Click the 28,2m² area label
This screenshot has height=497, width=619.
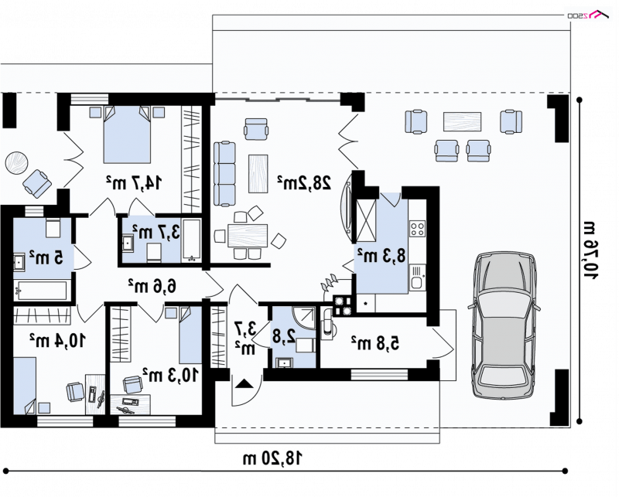click(x=304, y=182)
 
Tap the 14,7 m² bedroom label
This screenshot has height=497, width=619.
click(x=134, y=182)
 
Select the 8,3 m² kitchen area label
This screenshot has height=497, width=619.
click(x=381, y=255)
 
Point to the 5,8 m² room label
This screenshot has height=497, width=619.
click(x=375, y=342)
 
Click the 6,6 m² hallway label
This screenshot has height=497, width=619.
click(x=152, y=285)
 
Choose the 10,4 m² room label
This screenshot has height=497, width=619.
click(x=57, y=339)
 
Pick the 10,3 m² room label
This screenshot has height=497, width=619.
click(x=169, y=375)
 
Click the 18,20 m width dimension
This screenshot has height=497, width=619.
click(x=273, y=458)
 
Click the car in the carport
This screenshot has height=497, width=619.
click(x=504, y=324)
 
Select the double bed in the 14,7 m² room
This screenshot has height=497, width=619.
click(x=127, y=134)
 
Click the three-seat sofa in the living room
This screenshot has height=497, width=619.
click(x=224, y=174)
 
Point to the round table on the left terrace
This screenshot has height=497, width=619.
click(x=16, y=163)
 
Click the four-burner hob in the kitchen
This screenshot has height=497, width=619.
click(x=417, y=228)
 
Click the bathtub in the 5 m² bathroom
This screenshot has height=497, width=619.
click(x=40, y=291)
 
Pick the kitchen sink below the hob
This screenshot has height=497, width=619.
click(x=417, y=277)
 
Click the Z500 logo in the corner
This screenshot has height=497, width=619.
click(x=588, y=15)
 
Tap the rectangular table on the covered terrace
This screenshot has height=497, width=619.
click(x=462, y=121)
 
